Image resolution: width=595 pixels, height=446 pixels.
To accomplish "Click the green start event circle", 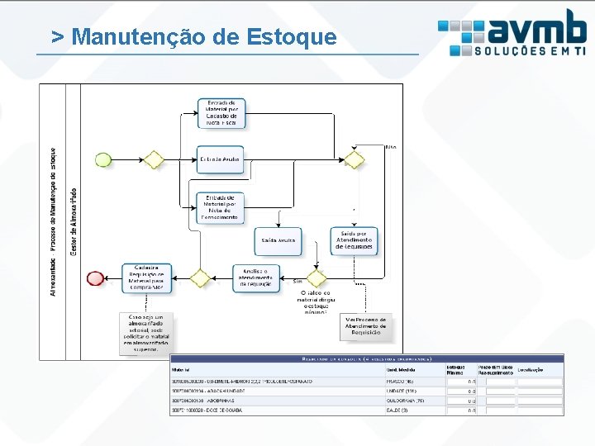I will [x=103, y=159].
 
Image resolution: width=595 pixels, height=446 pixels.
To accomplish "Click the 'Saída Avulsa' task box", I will [x=278, y=240].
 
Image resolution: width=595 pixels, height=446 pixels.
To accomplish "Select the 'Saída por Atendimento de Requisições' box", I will [x=354, y=240].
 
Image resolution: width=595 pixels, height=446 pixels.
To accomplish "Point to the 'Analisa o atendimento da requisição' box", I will [x=257, y=278].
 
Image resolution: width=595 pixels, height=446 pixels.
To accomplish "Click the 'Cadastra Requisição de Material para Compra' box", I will [x=147, y=278].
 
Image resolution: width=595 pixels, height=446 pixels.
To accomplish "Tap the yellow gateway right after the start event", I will [x=153, y=159].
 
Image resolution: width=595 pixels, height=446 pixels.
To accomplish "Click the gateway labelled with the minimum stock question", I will [x=317, y=278].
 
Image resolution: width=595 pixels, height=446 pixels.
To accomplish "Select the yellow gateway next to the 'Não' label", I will [x=354, y=159].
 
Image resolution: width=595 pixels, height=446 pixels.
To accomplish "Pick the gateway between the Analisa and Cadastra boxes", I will [x=200, y=278].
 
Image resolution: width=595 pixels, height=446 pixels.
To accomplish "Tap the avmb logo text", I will [x=536, y=27].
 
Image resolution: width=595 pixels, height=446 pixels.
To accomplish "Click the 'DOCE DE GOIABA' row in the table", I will [x=209, y=410].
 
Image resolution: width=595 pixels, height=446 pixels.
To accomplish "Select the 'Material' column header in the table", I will [x=183, y=369].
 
